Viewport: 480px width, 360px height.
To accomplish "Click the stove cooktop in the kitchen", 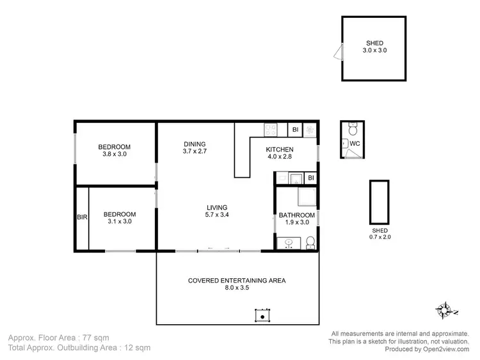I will click(271, 130).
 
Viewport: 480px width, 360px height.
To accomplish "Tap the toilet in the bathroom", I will click(310, 242).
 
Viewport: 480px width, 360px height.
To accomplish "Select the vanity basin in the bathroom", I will click(288, 242).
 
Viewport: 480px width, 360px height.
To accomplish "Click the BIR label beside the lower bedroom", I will click(82, 217).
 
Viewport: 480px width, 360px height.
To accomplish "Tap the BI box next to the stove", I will click(295, 130).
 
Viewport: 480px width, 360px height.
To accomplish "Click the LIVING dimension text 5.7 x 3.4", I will click(217, 215).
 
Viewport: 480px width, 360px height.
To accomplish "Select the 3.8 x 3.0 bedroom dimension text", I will click(115, 154).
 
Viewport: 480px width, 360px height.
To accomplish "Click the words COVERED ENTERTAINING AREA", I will click(236, 280).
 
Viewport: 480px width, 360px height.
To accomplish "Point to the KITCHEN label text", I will click(280, 150).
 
